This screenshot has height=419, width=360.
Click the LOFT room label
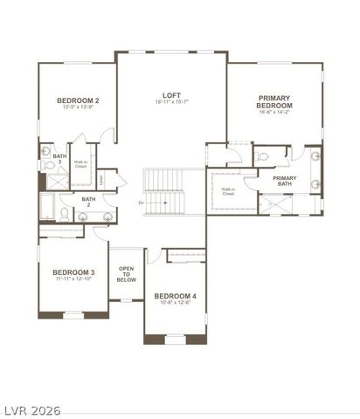tap(171, 95)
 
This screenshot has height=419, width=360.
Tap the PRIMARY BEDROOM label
tap(274, 101)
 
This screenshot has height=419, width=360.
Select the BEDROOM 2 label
tap(77, 101)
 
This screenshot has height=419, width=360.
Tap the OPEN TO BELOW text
tap(127, 274)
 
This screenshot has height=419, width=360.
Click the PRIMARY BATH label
tap(285, 181)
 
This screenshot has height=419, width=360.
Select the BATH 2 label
tap(89, 202)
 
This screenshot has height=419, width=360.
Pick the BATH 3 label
tap(59, 159)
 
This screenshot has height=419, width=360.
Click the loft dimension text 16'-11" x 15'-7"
tap(171, 103)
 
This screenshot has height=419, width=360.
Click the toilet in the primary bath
tap(264, 157)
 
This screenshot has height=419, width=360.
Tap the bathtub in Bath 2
tap(46, 208)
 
